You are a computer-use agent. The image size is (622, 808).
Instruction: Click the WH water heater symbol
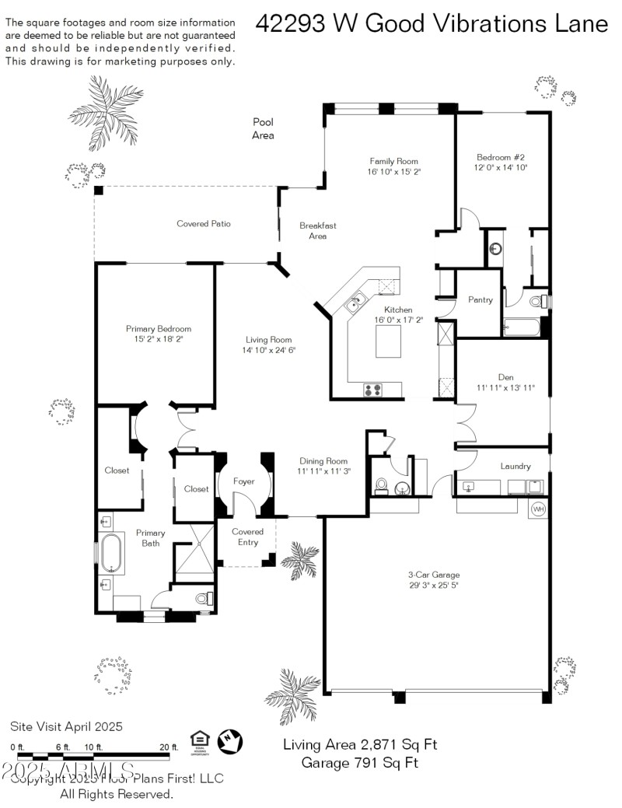coord(539,509)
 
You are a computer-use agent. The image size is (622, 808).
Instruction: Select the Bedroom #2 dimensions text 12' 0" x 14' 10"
coord(501,167)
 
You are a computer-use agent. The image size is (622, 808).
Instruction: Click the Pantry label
coord(480,299)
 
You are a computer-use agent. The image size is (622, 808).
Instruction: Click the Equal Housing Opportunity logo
coord(199,740)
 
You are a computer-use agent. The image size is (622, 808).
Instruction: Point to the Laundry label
coord(515,467)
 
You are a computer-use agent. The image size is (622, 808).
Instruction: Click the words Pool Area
coord(263,128)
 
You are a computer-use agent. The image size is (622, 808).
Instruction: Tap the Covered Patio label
coord(204,224)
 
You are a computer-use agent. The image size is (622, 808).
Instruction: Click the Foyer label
coord(244,481)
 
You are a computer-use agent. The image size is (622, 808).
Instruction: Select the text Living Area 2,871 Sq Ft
coord(360,744)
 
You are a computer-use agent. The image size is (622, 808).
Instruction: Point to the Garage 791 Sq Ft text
coord(360,763)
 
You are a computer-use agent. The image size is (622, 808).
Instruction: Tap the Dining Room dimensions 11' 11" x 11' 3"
coord(324,471)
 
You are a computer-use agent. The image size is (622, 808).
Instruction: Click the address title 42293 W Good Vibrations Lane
coord(432,24)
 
